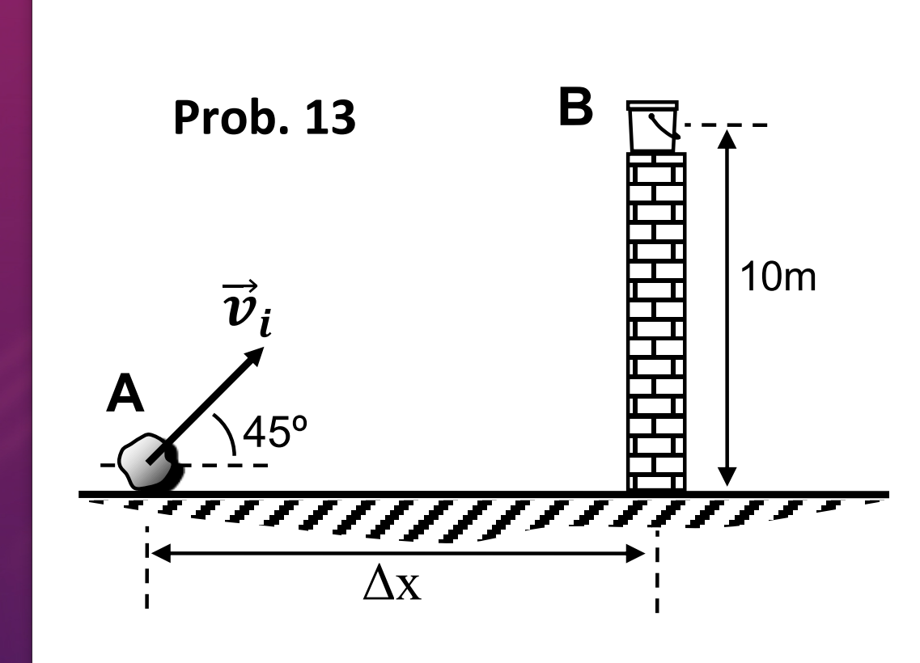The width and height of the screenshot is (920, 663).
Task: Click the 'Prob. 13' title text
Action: pos(265,120)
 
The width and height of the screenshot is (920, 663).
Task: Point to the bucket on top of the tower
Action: pos(652,127)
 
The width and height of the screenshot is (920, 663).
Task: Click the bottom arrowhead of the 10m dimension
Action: pos(728,479)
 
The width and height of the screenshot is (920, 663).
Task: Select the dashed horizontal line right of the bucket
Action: pos(725,125)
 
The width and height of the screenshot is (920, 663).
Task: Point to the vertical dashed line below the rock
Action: pos(146,566)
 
